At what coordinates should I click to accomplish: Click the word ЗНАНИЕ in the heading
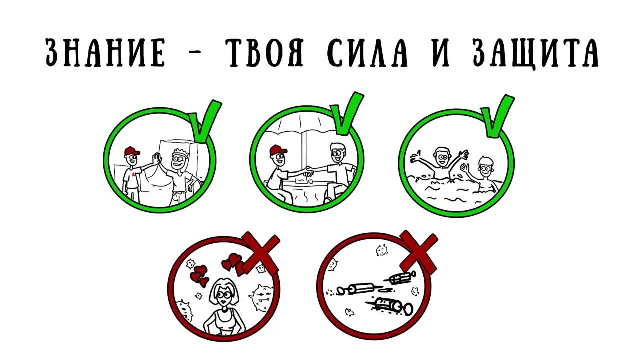[104, 52]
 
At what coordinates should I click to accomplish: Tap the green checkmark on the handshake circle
[347, 114]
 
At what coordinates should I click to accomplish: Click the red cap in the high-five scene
[131, 151]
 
